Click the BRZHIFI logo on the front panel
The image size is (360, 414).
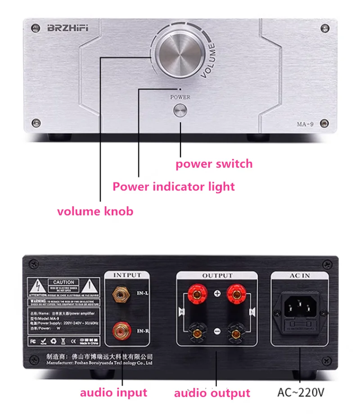[68, 28]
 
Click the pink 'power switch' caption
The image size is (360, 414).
[214, 164]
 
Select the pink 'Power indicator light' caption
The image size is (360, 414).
[174, 186]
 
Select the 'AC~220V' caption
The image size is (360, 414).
[300, 392]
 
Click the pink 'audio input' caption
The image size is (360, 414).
[113, 392]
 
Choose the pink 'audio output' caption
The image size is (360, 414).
[212, 393]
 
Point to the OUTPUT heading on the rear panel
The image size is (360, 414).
[217, 276]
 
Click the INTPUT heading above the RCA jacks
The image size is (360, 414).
[127, 275]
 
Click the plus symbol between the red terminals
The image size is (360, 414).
[217, 294]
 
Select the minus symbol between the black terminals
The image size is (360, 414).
[217, 331]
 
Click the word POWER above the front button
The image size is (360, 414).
[180, 97]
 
